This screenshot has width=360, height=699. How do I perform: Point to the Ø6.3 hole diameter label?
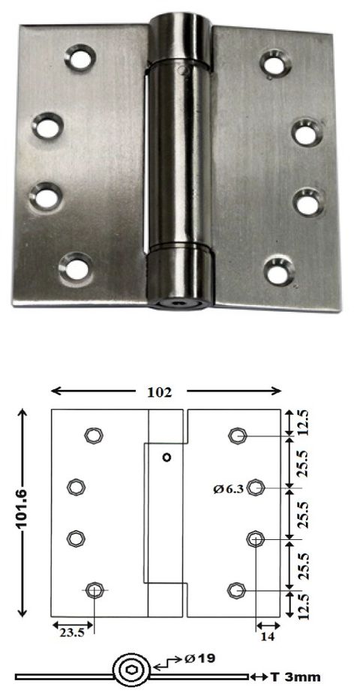228,489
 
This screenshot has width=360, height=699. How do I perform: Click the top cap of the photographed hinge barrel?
181,31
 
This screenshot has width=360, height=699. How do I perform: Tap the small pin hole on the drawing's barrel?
166,457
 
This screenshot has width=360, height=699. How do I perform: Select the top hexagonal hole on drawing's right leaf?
238,435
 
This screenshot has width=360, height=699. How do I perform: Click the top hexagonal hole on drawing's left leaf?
93,435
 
